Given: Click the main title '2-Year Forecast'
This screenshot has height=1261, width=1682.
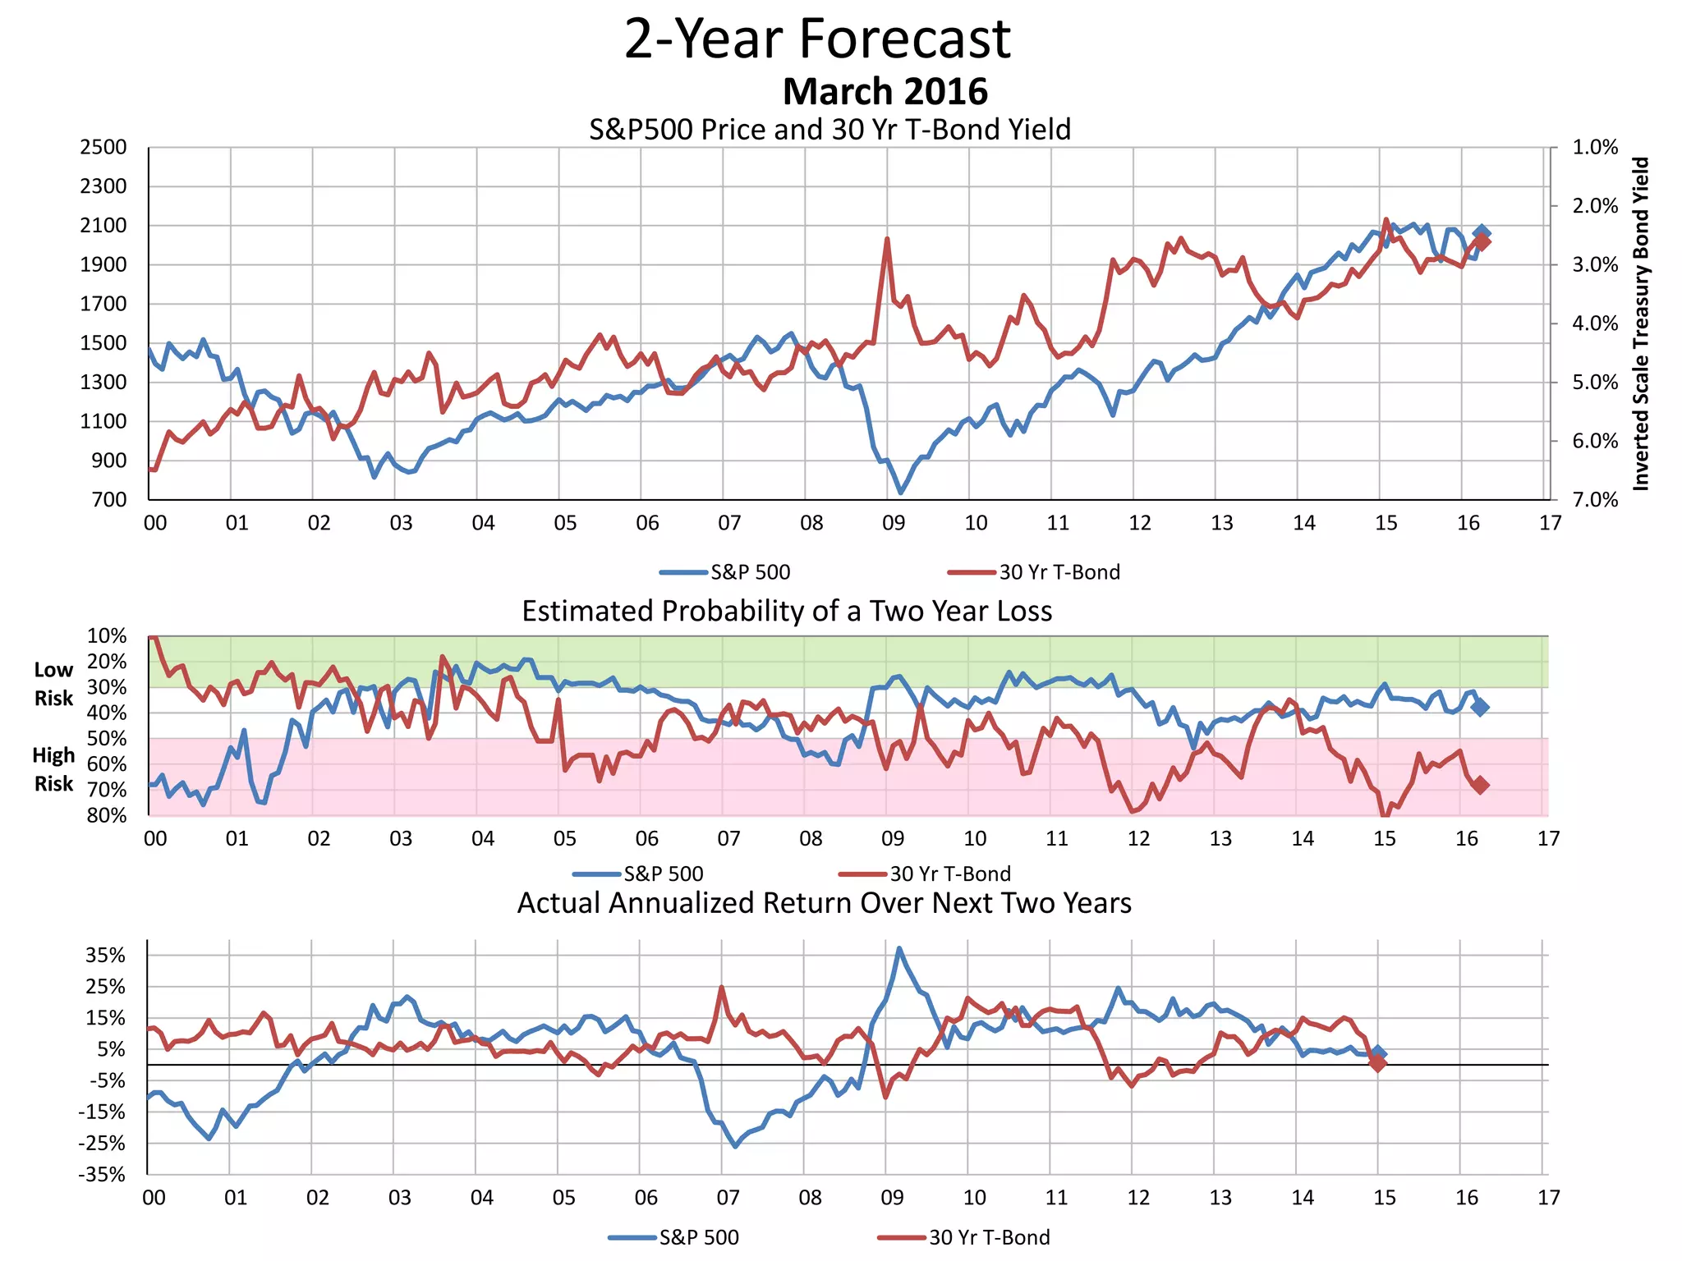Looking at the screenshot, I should [x=817, y=39].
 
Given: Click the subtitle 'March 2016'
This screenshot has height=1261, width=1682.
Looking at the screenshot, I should [x=885, y=91].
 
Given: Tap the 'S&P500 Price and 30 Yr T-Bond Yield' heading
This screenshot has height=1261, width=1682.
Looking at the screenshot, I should [x=830, y=130].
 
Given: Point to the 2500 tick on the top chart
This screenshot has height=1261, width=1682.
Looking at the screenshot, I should [x=103, y=148].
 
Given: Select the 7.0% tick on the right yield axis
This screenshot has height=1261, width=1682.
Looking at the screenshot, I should [x=1595, y=500].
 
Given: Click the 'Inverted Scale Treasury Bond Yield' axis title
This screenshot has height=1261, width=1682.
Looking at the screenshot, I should [x=1640, y=323].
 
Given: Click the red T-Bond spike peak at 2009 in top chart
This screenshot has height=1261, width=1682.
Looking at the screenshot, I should [x=887, y=240].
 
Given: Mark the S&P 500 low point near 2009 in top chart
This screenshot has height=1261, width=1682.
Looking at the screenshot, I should [x=901, y=492].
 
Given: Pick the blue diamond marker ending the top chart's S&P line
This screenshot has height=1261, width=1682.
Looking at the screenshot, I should [x=1482, y=233].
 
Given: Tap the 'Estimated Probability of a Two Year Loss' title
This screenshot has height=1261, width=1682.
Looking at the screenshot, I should [x=787, y=612].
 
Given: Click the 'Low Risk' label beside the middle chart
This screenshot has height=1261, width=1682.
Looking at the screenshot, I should [x=53, y=684].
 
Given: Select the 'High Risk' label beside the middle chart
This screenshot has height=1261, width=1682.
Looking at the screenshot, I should [x=53, y=769].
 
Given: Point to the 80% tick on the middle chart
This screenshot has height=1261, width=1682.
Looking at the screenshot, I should [x=107, y=815].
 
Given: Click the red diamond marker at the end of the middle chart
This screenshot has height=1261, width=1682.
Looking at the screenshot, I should [x=1480, y=786].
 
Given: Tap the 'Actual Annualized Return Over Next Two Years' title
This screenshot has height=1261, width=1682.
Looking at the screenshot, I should [x=824, y=903].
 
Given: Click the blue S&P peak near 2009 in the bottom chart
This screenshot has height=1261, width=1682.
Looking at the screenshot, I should [x=899, y=949].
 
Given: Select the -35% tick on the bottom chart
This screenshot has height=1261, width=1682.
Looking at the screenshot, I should [x=102, y=1175].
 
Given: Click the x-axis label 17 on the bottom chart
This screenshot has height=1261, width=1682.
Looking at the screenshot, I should [x=1548, y=1198].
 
